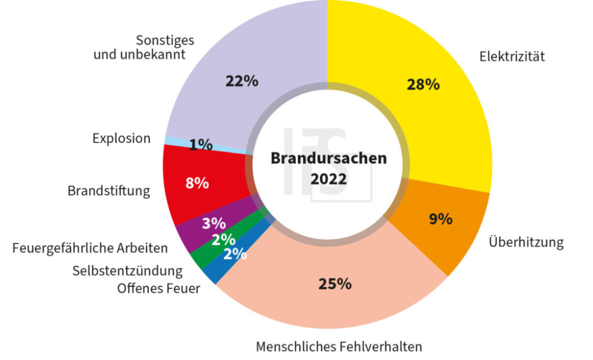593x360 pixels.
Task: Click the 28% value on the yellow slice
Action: point(423,84)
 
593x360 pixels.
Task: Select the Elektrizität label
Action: point(512,57)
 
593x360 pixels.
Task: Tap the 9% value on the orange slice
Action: point(441,219)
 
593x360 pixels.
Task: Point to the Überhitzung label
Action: point(526,243)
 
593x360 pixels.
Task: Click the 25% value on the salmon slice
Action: point(334,284)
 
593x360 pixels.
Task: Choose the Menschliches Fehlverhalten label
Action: point(339,346)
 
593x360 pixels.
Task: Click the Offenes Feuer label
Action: point(158,289)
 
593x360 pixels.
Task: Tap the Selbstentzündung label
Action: point(127,271)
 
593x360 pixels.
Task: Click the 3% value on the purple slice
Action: point(213,224)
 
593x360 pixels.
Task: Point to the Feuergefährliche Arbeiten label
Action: point(90,248)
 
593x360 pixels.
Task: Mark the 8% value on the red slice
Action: point(197,183)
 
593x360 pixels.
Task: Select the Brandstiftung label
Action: point(109,191)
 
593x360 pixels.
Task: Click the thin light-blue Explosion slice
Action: point(172,140)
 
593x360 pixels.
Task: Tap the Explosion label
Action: point(122,138)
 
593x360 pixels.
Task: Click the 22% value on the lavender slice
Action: point(241,81)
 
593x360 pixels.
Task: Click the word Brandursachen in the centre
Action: point(329,158)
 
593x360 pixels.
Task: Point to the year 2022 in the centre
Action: point(329,179)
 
